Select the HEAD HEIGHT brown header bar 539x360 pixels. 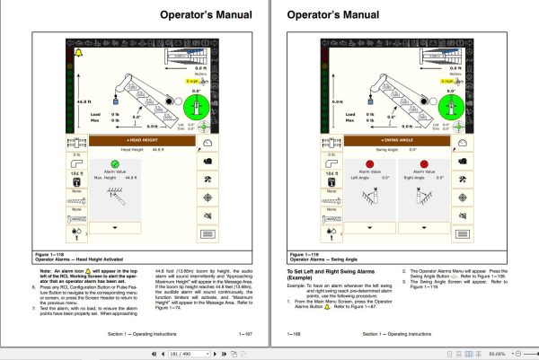click(143, 140)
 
